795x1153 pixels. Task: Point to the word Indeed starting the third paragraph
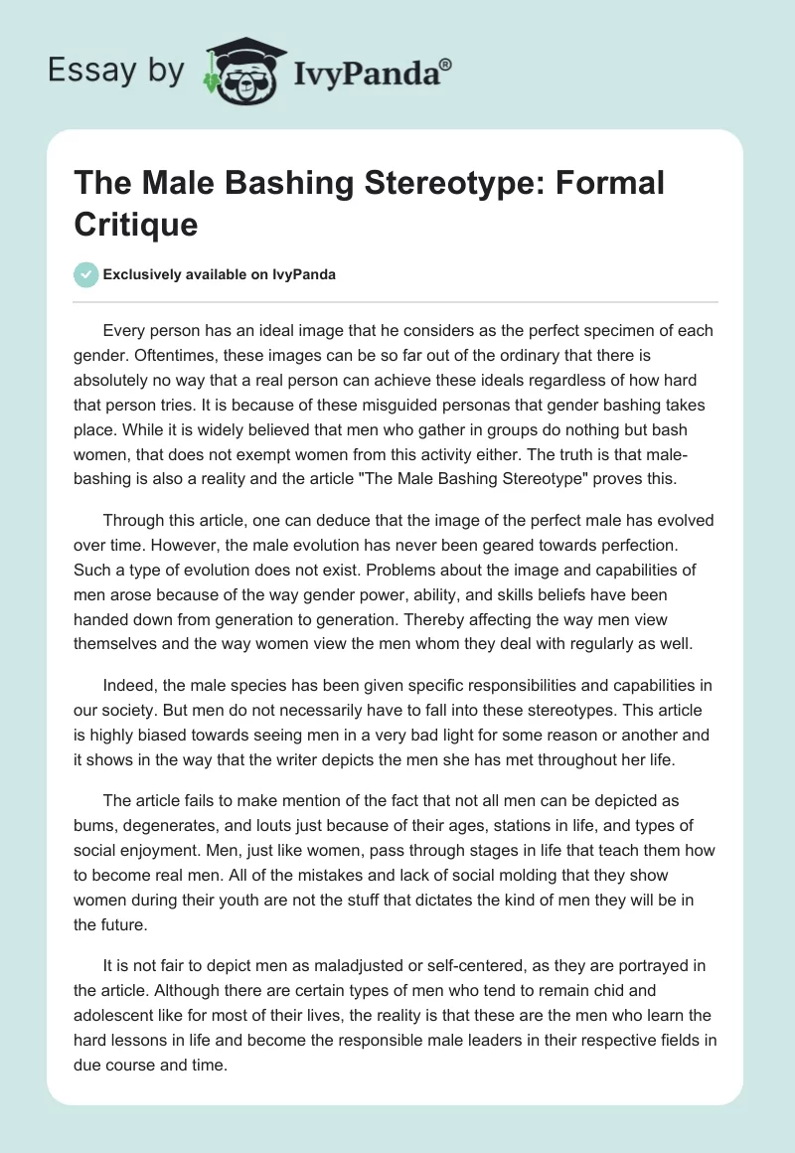point(127,686)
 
